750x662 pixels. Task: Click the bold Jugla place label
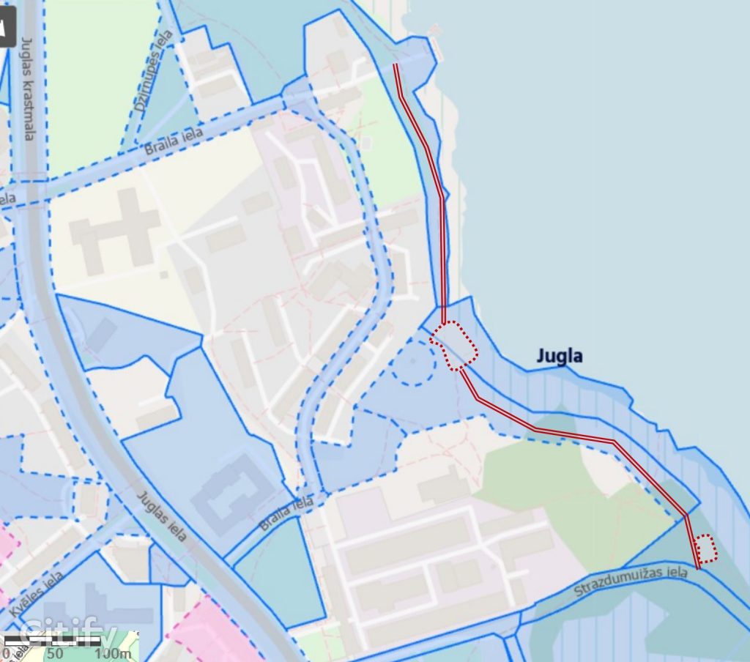click(x=560, y=357)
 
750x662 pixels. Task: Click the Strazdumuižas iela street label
click(x=631, y=581)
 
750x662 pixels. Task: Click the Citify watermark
click(x=69, y=631)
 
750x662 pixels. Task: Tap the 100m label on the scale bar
click(x=114, y=653)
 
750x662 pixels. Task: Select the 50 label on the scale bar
click(x=55, y=653)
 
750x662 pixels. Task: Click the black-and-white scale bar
click(x=51, y=641)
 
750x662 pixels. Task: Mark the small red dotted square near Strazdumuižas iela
click(x=705, y=548)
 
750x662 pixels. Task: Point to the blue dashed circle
click(x=414, y=362)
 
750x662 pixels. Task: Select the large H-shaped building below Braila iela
click(x=114, y=226)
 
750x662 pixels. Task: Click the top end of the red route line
click(x=396, y=65)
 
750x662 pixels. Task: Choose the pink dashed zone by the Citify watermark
click(x=212, y=630)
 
